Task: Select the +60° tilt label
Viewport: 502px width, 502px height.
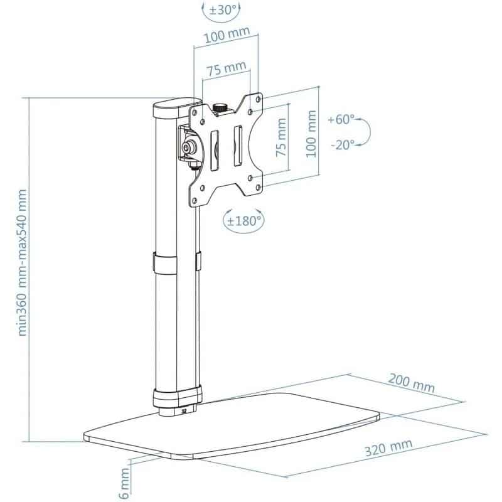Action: pos(342,119)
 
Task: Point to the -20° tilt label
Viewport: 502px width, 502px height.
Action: pos(342,144)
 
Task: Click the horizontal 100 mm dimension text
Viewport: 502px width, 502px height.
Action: pos(222,38)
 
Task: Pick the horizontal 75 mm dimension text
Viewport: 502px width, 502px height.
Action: pos(222,69)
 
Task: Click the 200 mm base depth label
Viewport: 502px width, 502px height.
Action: pos(411,383)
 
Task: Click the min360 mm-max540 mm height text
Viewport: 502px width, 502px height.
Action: pos(23,263)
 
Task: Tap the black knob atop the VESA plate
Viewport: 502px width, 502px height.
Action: pos(220,108)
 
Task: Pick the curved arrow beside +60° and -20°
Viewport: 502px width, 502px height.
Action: pos(367,131)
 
